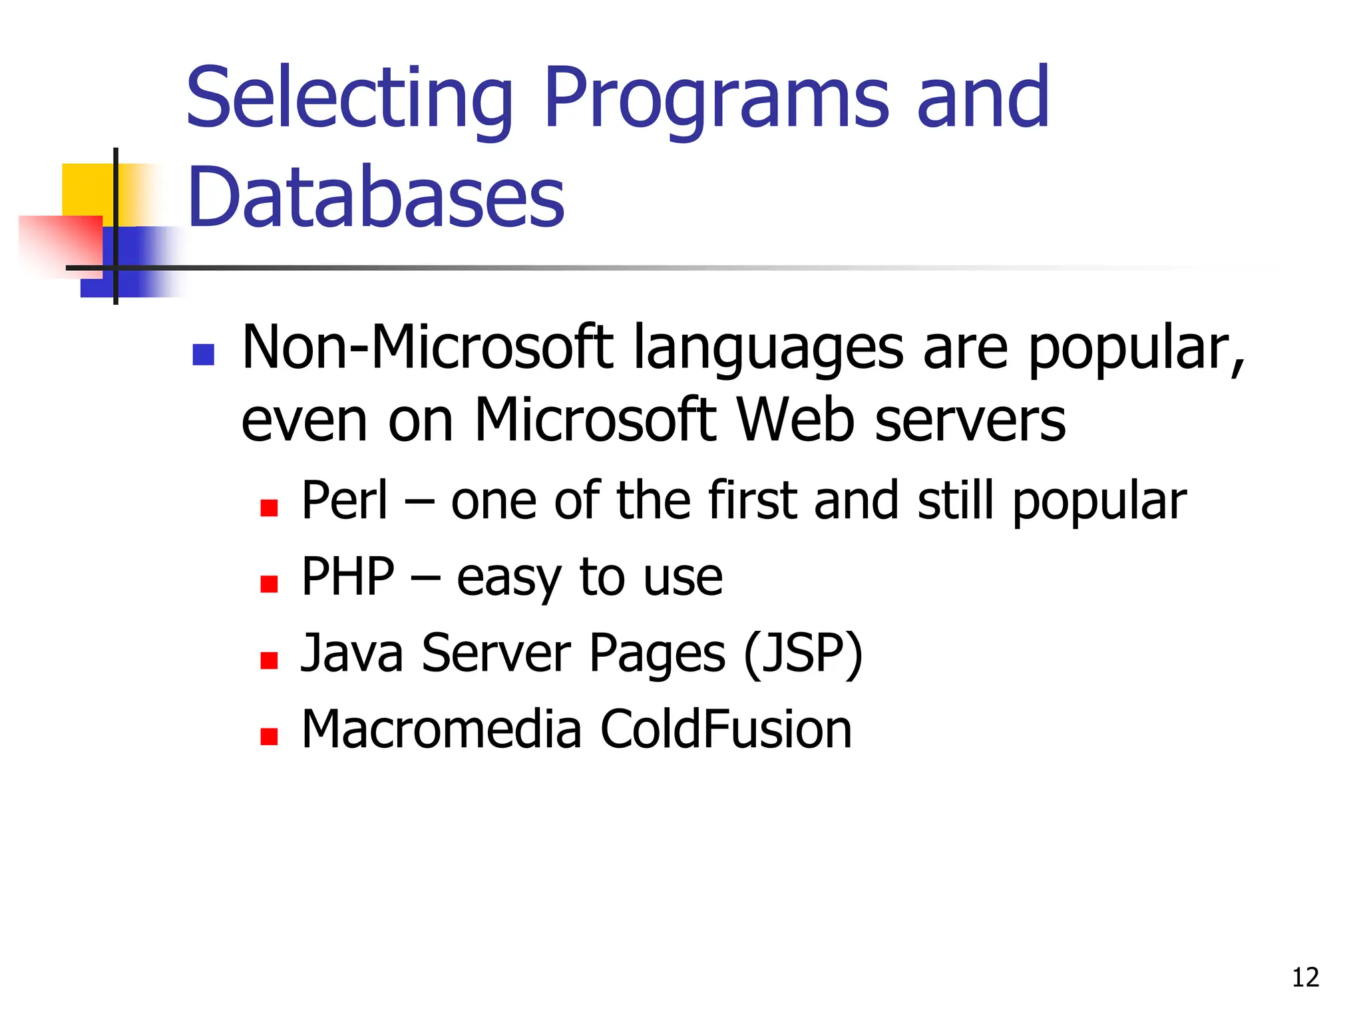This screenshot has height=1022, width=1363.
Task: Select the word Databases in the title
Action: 376,197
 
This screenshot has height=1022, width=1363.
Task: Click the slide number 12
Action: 1305,977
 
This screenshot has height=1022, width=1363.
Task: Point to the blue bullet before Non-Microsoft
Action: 203,355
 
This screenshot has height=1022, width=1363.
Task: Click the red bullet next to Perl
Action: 269,508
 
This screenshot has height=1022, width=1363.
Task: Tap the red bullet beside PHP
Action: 269,584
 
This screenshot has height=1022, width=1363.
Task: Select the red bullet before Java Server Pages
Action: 269,660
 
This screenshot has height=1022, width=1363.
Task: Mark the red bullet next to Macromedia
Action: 269,737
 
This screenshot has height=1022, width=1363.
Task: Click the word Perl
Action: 345,500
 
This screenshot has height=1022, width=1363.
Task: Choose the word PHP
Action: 348,576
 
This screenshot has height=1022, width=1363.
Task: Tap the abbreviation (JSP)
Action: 803,653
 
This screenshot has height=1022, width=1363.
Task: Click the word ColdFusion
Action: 726,729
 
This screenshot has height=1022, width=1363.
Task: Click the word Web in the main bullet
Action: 795,421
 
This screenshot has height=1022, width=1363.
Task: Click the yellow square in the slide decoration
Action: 87,190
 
